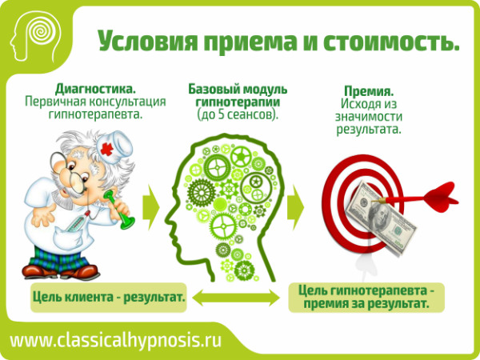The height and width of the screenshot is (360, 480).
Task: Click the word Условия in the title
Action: (x=147, y=41)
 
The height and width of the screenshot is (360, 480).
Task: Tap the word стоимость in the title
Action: (x=391, y=41)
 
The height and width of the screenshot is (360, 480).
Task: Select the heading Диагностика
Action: (x=95, y=89)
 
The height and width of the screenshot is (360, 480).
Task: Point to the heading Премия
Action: (x=369, y=91)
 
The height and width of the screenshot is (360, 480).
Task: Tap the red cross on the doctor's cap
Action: (x=107, y=149)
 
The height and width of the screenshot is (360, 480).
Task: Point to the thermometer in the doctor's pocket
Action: (x=77, y=222)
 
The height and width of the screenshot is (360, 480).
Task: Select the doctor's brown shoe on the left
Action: (x=34, y=270)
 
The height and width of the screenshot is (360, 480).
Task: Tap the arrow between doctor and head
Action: (x=150, y=207)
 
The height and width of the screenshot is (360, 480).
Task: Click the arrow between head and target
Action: (x=295, y=207)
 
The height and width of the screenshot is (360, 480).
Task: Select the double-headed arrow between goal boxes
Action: (x=236, y=298)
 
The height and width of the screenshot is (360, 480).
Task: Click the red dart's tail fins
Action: (x=441, y=198)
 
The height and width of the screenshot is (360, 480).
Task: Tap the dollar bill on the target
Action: (x=381, y=217)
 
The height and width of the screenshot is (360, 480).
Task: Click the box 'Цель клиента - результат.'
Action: (x=109, y=298)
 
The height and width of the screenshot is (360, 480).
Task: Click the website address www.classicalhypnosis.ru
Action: (x=115, y=340)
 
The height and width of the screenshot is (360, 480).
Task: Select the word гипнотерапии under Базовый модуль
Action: (x=238, y=102)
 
